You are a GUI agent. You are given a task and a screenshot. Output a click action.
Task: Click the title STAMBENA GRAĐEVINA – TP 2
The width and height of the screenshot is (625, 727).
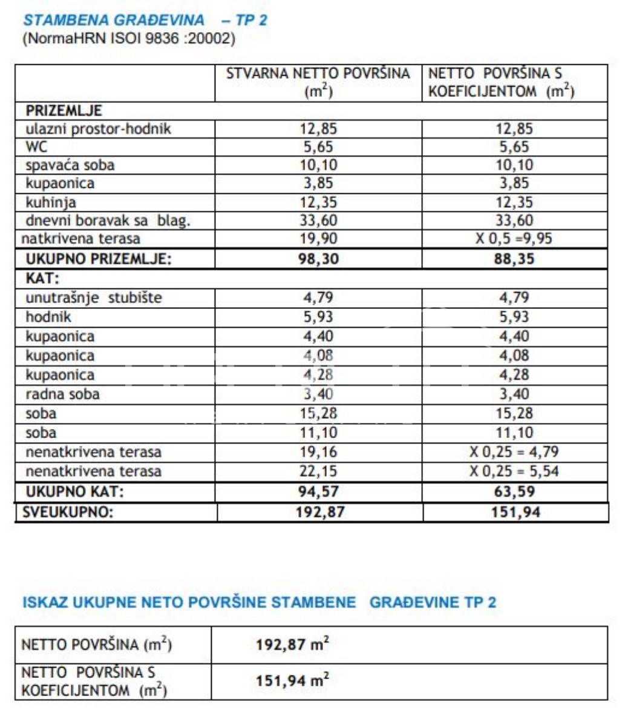point(145,20)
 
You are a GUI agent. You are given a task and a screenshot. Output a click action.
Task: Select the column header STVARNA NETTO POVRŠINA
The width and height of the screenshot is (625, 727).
point(318,74)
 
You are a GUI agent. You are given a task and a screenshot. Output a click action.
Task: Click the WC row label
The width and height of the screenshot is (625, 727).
point(36,147)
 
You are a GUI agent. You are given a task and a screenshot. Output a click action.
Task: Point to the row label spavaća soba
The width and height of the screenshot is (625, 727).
point(70,165)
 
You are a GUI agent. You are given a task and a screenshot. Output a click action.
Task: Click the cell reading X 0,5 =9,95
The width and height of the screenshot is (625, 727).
point(514,239)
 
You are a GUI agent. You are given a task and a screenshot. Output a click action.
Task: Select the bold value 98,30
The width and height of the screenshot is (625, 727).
point(319,259)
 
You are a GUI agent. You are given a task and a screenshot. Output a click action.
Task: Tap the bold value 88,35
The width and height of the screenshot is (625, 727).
point(514,259)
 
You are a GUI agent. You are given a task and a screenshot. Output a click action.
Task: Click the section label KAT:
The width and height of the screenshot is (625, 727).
point(43,279)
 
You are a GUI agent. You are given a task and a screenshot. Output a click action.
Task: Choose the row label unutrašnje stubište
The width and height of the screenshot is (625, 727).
point(94,297)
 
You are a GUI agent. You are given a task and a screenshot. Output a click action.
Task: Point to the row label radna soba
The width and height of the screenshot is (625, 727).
point(62,394)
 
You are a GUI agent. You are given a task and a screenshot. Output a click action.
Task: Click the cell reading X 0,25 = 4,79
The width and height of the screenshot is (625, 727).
point(514,452)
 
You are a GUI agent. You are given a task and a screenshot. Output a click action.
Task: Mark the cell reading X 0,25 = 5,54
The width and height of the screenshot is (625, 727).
point(514,471)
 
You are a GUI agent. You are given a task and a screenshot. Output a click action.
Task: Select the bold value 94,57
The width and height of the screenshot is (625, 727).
point(319,491)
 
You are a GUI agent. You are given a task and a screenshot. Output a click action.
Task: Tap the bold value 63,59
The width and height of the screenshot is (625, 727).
point(514,491)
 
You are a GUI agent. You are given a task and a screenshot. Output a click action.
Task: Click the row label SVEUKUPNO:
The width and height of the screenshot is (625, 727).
point(68,513)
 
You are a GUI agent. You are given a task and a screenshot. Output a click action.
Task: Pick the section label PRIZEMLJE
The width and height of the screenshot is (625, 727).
point(64,111)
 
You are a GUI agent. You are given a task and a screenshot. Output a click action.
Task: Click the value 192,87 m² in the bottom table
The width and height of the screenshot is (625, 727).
point(292,644)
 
